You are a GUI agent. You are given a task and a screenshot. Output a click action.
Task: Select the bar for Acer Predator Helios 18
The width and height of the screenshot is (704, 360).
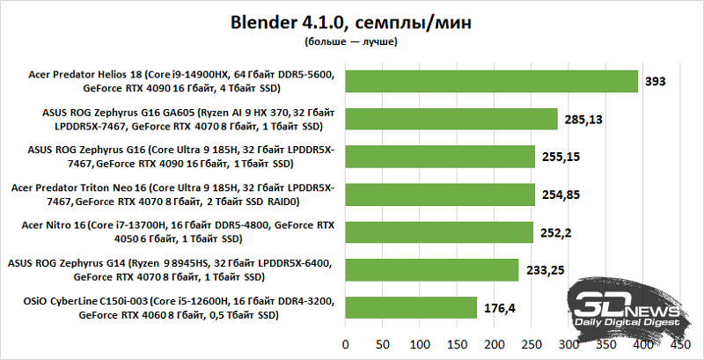tap(491, 81)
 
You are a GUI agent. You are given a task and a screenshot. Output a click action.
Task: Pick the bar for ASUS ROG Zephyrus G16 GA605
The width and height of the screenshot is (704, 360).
tap(451, 119)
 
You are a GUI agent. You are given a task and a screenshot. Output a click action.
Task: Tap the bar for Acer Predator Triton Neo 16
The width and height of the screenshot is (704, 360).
tap(440, 194)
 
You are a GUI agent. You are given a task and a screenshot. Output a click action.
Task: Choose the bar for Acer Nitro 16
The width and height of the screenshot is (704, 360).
tap(439, 231)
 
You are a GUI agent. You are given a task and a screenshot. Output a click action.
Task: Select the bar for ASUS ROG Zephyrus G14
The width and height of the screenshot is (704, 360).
tap(432, 269)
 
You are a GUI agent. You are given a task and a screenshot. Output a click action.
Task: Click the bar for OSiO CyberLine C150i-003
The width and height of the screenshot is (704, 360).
tap(411, 307)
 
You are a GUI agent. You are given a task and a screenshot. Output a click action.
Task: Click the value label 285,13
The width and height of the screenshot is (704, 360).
tap(583, 119)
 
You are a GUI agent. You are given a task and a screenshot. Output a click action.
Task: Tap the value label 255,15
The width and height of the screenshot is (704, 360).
tap(561, 157)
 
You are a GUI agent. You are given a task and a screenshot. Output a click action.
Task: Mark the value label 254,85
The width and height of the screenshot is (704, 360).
tap(561, 194)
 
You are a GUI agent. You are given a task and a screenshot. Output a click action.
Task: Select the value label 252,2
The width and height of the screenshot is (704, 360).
tap(556, 231)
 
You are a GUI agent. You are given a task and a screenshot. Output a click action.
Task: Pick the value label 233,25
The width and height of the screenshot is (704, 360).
tap(546, 269)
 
